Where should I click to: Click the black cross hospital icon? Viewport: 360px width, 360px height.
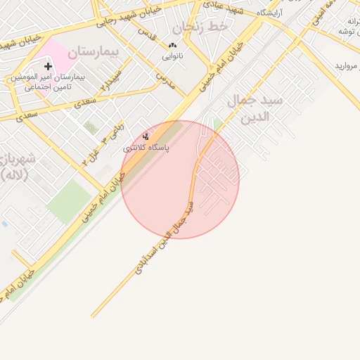coord(48,66)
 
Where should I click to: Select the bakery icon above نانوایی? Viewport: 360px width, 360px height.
coord(172,46)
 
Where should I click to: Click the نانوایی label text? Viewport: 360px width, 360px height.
coord(173,55)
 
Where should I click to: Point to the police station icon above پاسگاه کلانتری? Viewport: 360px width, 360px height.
coord(146,136)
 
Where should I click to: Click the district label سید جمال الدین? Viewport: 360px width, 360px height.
coord(251,108)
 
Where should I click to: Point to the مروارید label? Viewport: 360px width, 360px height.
coord(347,66)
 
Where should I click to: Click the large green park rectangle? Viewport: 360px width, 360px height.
coord(69,200)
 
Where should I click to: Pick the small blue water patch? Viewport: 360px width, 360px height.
coord(4,224)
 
